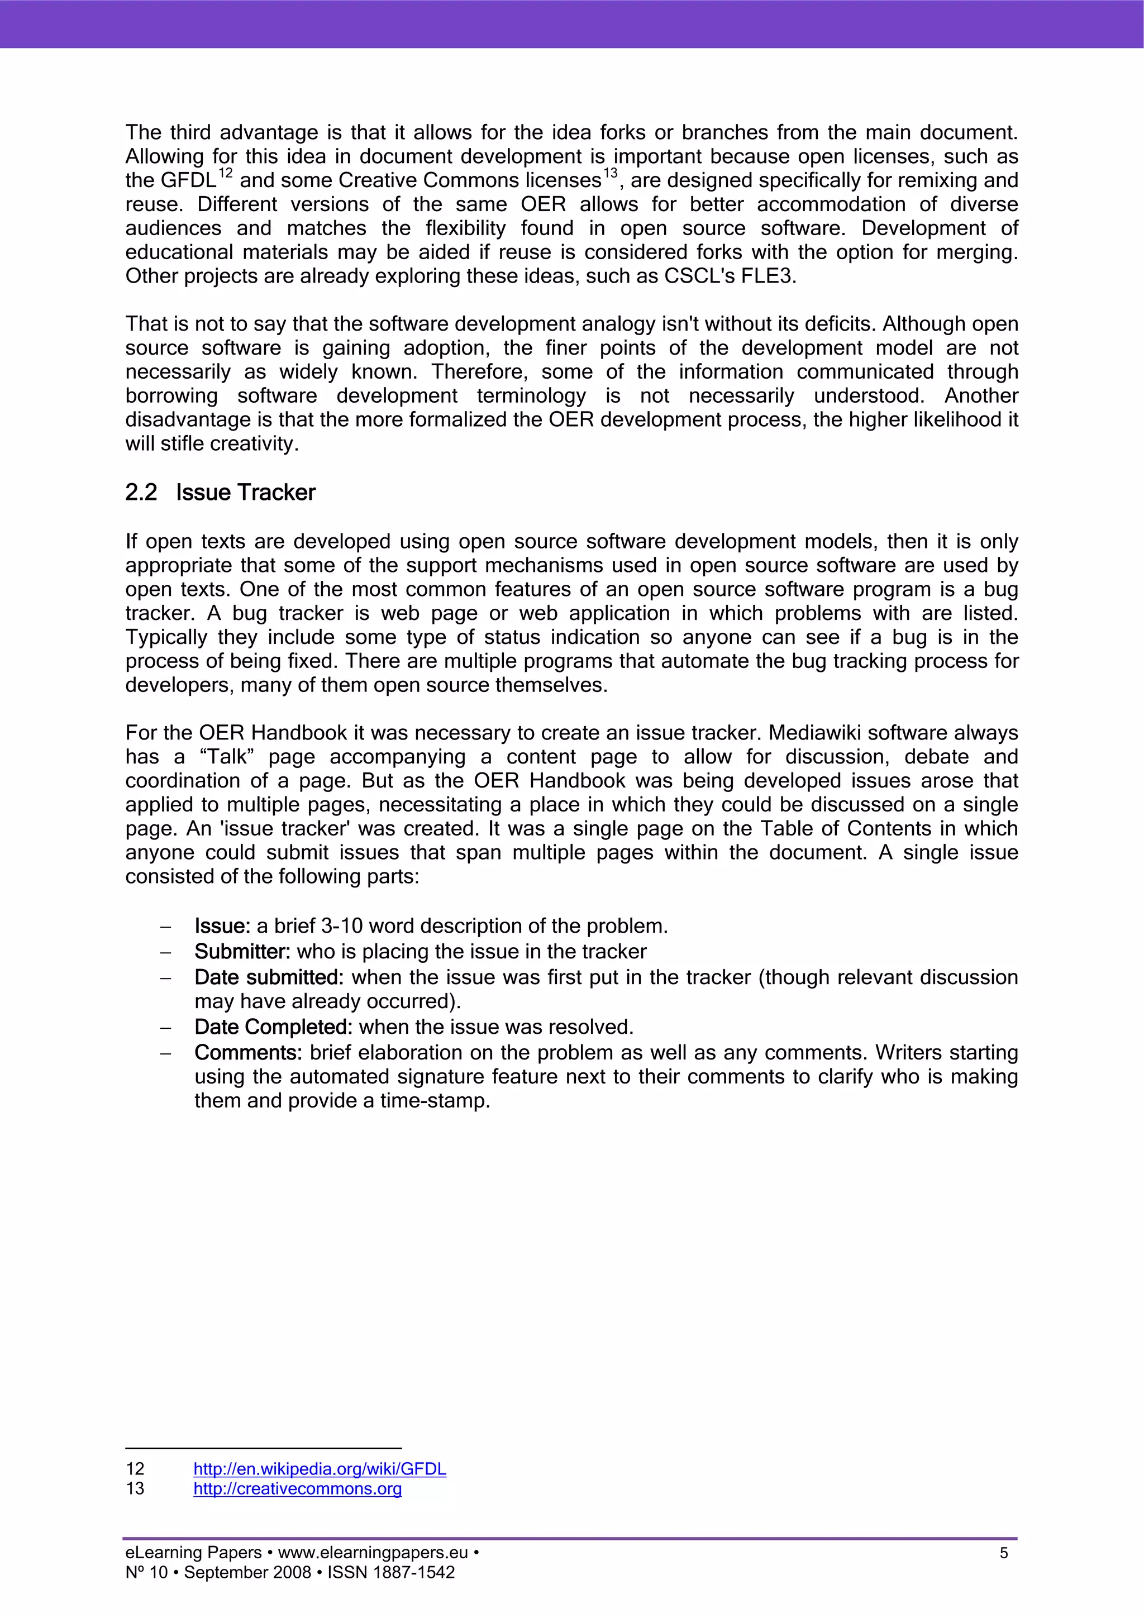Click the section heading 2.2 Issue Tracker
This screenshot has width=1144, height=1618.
tap(220, 492)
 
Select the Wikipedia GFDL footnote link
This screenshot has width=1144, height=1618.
tap(320, 1469)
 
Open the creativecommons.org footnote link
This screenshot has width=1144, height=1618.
tap(298, 1488)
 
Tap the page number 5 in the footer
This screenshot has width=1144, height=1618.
tap(1004, 1553)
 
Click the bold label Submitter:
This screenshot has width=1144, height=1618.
tap(242, 951)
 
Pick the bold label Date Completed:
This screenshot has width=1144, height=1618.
tap(273, 1027)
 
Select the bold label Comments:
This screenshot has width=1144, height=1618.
tap(248, 1052)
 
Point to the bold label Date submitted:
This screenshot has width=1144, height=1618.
tap(269, 977)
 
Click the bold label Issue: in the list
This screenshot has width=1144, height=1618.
tap(222, 926)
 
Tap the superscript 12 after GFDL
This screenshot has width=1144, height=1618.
tap(225, 173)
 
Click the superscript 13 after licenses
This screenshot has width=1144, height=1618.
tap(610, 173)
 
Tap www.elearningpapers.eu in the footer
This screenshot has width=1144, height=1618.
tap(373, 1553)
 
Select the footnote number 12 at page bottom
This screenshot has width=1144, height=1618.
tap(135, 1469)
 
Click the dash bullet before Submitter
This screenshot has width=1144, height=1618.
tap(166, 952)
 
